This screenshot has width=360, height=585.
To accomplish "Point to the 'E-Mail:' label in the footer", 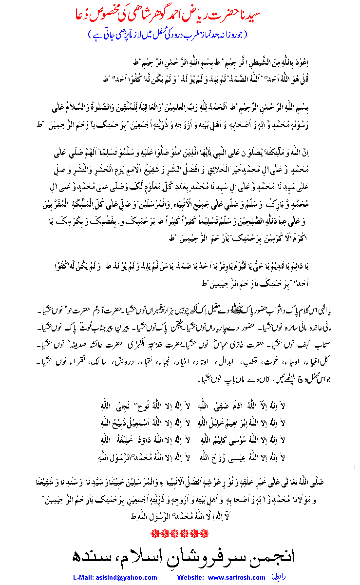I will click(86, 578).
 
